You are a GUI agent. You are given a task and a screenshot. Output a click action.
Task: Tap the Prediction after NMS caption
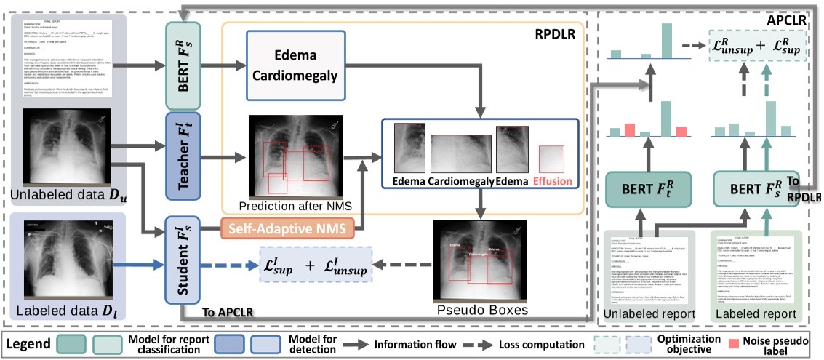289,206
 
